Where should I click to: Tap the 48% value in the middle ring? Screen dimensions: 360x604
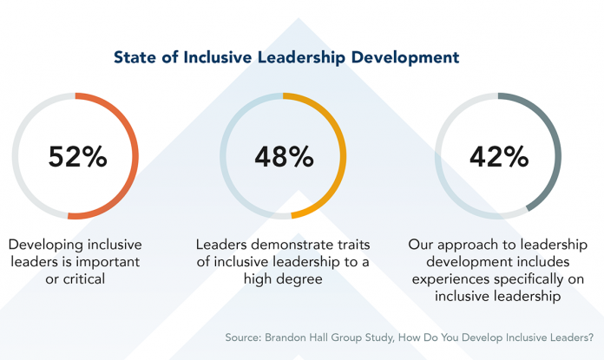(283, 156)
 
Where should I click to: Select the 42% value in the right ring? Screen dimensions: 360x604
(498, 156)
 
